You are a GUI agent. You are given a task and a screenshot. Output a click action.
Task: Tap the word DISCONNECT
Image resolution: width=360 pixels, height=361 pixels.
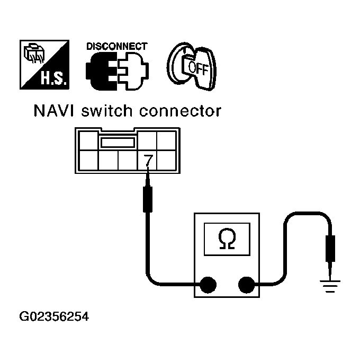point(116,47)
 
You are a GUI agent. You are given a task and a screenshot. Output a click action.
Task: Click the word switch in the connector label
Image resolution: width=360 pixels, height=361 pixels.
point(112,111)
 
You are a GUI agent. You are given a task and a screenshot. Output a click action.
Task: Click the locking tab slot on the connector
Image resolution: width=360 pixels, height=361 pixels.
point(116,142)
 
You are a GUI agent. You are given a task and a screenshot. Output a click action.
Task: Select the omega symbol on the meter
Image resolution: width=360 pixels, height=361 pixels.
point(227,240)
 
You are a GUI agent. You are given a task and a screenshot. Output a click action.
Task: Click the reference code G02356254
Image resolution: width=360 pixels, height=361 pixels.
point(53,318)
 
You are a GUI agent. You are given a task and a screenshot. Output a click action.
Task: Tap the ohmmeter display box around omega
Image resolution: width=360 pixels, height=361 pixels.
point(227,240)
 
